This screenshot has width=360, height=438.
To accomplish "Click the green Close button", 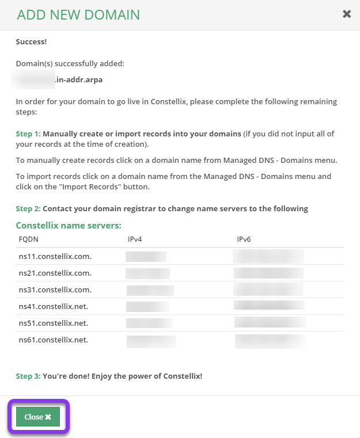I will tap(38, 417).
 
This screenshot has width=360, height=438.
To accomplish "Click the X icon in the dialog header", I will tap(347, 14).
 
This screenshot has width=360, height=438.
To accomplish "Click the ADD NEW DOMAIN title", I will tap(78, 14).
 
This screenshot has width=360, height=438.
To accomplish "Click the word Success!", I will tap(32, 42).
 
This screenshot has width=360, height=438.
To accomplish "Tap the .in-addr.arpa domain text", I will tap(79, 80).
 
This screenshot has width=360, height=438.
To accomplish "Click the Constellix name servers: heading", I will tap(69, 225).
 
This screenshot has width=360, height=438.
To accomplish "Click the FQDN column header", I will tap(28, 239).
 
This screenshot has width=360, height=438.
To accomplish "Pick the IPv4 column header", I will tap(135, 239).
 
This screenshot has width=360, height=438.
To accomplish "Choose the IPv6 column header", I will tap(244, 239).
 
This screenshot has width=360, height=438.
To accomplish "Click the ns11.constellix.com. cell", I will tap(55, 256).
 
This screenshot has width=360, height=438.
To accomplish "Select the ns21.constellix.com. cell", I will tap(55, 273).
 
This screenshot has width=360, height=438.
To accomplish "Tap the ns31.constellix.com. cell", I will tap(55, 290).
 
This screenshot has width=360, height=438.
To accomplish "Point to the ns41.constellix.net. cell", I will tap(53, 306).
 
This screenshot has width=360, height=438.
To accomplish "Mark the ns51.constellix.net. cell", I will tap(53, 323).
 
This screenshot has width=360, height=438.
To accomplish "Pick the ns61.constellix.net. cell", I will tap(53, 340).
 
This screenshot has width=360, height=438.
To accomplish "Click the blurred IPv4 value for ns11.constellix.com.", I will tap(146, 256).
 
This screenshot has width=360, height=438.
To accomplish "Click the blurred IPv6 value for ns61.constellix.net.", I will tap(270, 341).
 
